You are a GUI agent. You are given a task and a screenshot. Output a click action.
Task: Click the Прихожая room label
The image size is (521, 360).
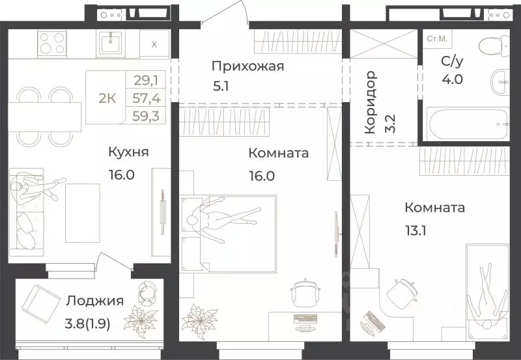[x=248, y=66]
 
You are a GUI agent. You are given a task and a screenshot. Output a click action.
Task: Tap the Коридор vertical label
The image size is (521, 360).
[x=370, y=103]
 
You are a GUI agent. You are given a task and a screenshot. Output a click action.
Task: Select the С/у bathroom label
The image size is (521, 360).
[x=435, y=62]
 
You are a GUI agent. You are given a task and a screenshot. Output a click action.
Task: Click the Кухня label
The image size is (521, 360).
[x=129, y=152]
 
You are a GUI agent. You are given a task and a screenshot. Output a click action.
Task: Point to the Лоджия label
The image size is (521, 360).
[x=94, y=301]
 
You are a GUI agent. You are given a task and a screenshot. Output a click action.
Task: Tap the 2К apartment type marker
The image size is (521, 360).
[x=107, y=98]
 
